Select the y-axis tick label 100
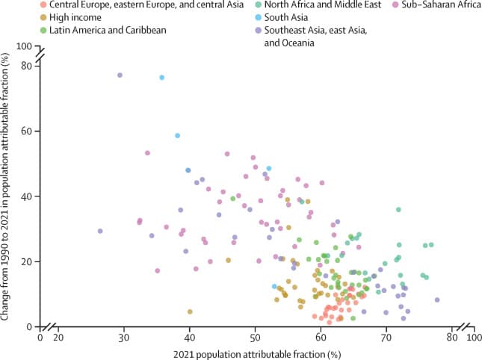tap(26, 46)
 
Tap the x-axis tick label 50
tap(255, 337)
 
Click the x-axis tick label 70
tap(386, 337)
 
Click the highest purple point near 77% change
tap(120, 75)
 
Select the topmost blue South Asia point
tap(161, 78)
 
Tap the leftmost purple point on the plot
tap(100, 231)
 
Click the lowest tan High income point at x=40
tap(190, 311)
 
